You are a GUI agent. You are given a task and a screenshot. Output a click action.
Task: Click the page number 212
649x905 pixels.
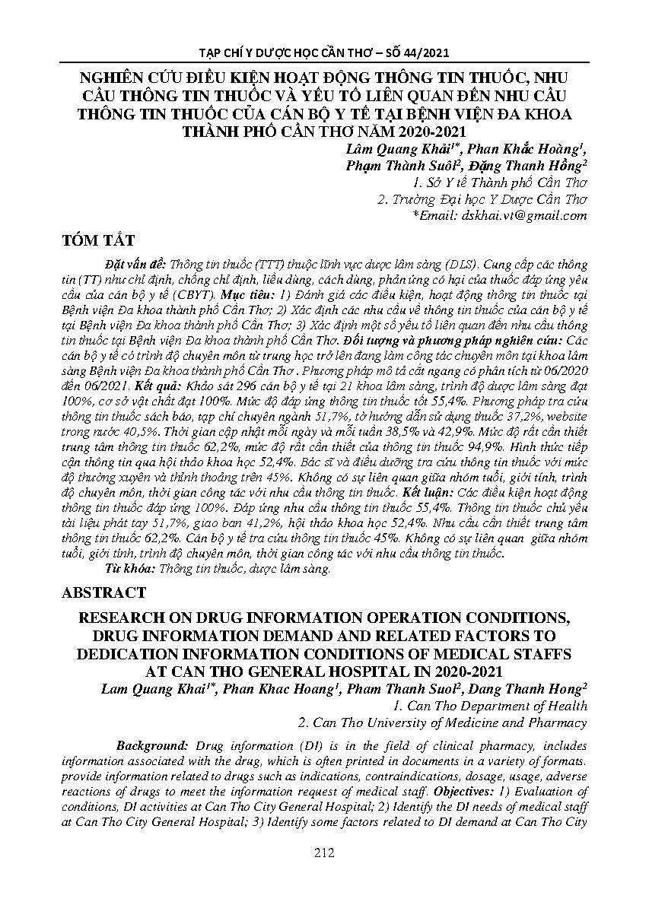pyautogui.click(x=324, y=853)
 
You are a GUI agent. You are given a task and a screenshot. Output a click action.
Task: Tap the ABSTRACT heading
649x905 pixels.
pyautogui.click(x=104, y=592)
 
